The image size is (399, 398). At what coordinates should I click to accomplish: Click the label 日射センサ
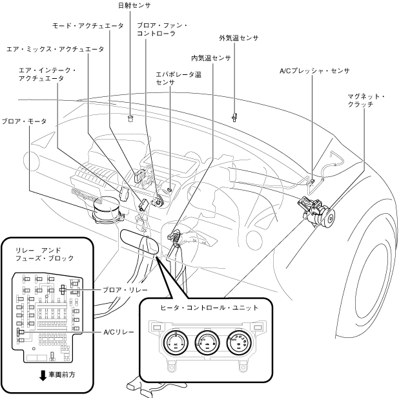tap(134, 5)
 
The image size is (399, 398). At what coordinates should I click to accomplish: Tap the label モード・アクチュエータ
tap(88, 26)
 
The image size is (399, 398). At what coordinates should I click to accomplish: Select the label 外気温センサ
tap(239, 38)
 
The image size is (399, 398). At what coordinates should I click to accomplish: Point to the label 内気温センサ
tap(211, 58)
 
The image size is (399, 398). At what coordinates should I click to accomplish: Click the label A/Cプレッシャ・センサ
tap(314, 71)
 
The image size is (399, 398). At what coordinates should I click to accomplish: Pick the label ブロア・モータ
tap(24, 121)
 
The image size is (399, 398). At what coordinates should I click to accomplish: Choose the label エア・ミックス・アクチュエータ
tap(56, 49)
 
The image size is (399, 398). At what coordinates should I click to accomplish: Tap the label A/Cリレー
tap(119, 332)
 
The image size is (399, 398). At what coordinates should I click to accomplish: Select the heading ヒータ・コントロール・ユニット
tap(209, 308)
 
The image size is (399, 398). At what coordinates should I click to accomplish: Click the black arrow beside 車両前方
tap(43, 376)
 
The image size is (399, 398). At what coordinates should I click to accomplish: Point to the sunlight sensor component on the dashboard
tap(131, 118)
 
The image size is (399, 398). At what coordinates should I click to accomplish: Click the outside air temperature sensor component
tap(234, 117)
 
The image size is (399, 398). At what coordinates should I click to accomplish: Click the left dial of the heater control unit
tap(176, 342)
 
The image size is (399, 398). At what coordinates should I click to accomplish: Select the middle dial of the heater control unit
tap(207, 342)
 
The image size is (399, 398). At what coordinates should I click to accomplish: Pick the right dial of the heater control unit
tap(239, 342)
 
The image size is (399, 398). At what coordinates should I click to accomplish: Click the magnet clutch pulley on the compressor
tap(330, 218)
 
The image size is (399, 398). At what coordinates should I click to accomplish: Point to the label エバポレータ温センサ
tap(178, 78)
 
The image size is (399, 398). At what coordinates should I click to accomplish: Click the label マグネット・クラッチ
tap(366, 100)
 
